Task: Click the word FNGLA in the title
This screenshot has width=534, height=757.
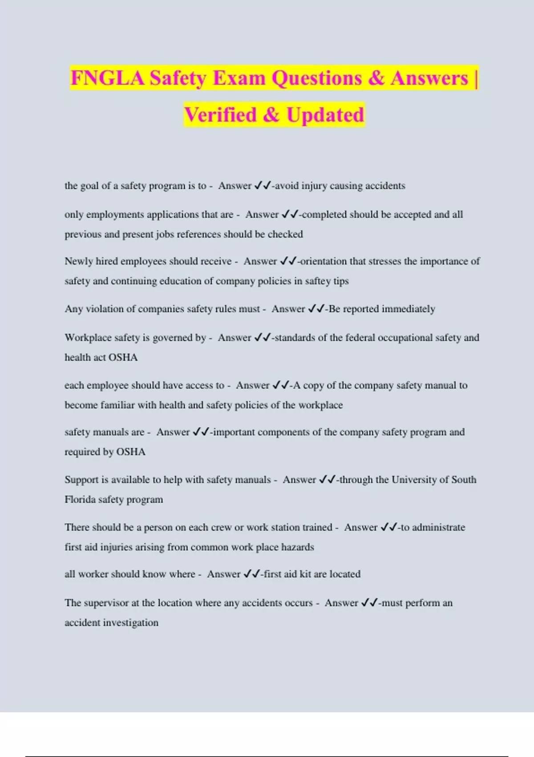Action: coord(107,78)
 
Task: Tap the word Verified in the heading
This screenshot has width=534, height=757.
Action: coord(220,115)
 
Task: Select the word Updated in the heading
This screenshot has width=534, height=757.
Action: coord(325,115)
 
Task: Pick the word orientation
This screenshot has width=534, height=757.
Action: coord(324,261)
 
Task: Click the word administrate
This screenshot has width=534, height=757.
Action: coord(438,527)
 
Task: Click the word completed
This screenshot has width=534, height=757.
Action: coord(324,215)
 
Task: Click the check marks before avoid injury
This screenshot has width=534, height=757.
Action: coord(262,186)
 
